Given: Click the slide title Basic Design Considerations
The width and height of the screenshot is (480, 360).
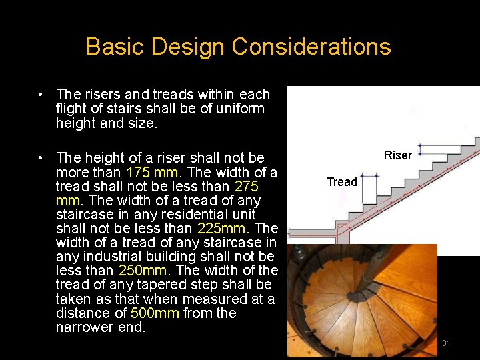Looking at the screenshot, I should click(x=238, y=47).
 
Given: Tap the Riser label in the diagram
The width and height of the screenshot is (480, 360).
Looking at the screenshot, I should click(x=398, y=155).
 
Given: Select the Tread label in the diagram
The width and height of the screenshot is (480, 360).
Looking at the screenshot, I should click(x=342, y=182).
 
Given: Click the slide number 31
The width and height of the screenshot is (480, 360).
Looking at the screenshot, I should click(x=446, y=343).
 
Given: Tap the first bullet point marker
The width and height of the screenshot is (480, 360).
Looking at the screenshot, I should click(x=41, y=95).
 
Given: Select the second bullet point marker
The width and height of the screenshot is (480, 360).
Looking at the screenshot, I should click(x=41, y=158).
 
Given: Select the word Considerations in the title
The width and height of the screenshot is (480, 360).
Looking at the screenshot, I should click(x=311, y=47).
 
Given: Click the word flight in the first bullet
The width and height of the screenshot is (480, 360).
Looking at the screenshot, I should click(x=73, y=109).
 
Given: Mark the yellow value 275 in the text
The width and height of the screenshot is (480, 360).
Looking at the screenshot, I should click(x=246, y=186).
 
